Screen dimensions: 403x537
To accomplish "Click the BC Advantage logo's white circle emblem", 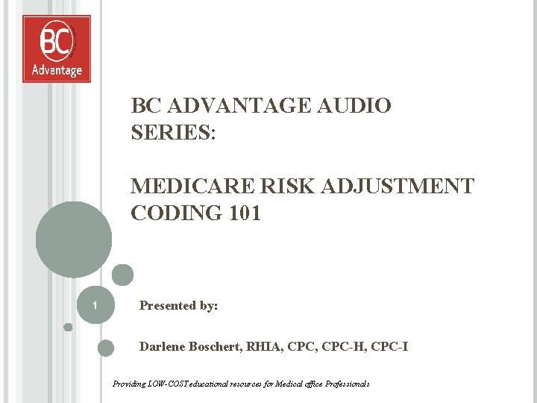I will tap(57, 42).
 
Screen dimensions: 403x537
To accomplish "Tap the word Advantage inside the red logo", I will tap(57, 70).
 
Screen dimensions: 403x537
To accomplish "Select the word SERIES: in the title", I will tap(173, 132).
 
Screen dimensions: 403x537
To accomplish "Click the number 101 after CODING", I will tap(245, 213).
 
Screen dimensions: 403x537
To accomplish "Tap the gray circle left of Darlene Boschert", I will tap(106, 347).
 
